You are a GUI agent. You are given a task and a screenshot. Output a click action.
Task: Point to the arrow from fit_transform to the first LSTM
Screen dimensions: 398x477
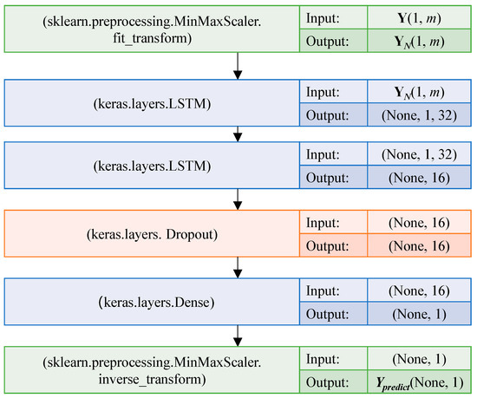(236, 66)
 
